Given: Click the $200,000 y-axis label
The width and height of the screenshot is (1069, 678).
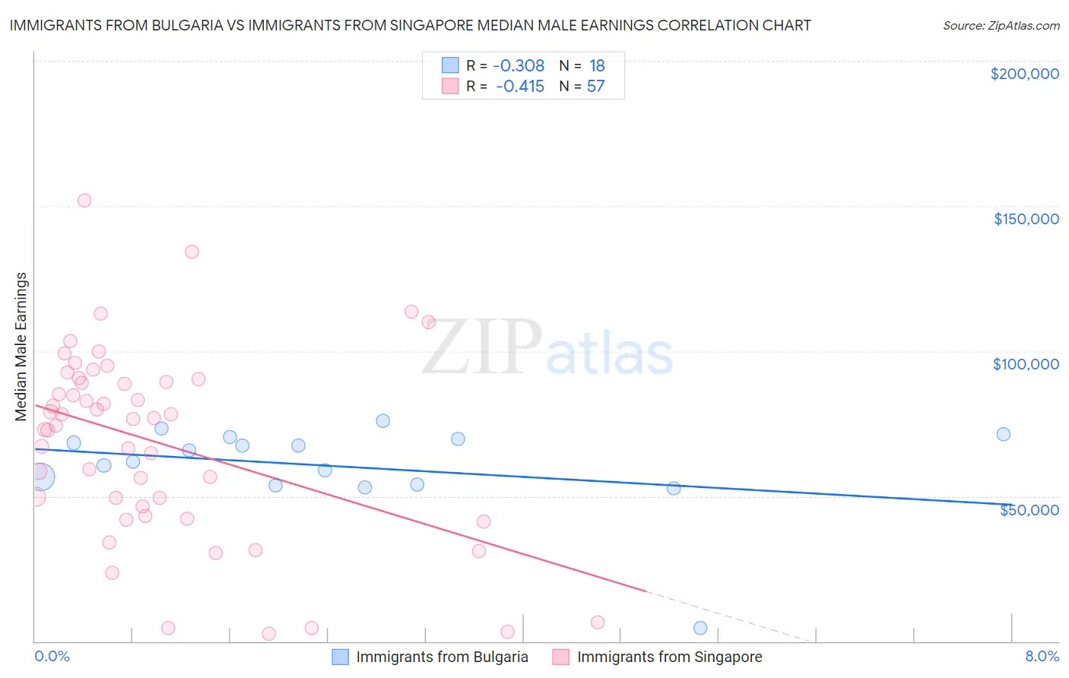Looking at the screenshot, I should click(1024, 74).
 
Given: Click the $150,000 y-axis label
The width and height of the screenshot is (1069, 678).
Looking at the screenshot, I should click(1026, 219).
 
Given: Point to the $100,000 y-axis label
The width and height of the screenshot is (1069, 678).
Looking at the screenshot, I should click(1026, 364).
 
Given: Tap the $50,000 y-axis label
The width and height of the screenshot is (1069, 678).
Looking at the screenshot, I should click(1029, 509).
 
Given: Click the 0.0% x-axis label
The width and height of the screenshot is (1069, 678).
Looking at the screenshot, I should click(52, 656).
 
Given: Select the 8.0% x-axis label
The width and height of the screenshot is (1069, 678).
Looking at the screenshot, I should click(1042, 656).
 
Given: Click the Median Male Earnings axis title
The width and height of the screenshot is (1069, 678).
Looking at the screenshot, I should click(21, 347).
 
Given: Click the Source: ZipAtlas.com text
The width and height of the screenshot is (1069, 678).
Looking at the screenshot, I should click(1001, 26).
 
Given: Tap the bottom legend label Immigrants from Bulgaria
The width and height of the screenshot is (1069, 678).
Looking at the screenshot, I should click(442, 657).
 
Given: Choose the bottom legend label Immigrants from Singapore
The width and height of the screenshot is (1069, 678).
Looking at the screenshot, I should click(669, 657).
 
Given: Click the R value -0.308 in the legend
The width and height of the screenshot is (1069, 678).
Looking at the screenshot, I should click(519, 66).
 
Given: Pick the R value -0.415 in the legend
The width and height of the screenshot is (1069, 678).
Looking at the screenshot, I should click(520, 87).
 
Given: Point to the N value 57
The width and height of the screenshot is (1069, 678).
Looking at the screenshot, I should click(595, 87).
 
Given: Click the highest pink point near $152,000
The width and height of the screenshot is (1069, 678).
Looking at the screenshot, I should click(84, 201).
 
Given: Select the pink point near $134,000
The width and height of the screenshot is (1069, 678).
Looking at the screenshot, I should click(192, 252).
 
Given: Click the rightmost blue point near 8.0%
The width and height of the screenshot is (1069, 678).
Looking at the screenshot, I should click(1003, 434).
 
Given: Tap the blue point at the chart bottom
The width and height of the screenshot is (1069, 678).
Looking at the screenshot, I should click(700, 628).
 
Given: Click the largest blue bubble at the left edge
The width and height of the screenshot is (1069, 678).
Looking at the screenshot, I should click(41, 477).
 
